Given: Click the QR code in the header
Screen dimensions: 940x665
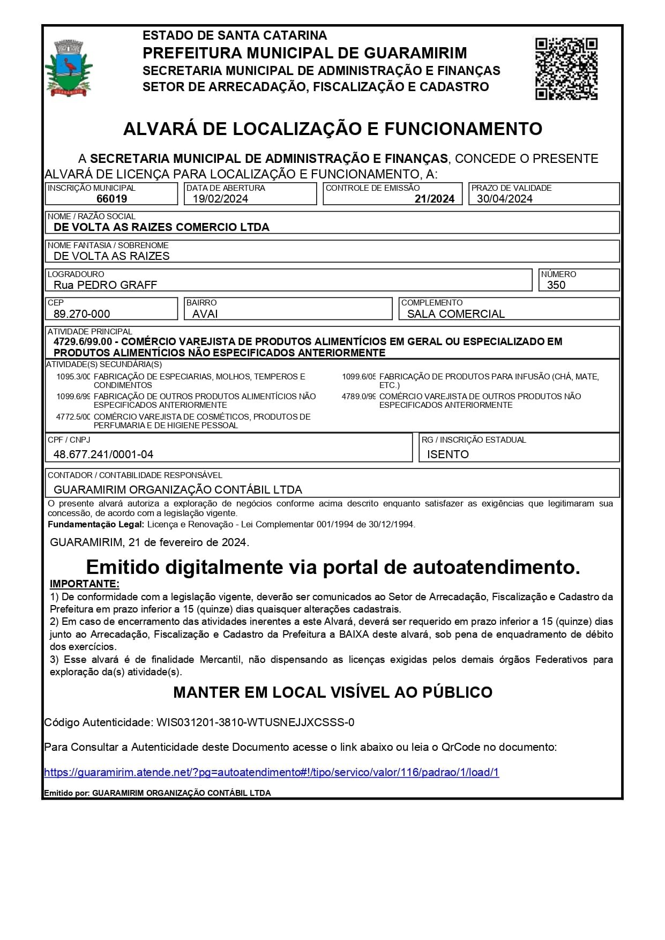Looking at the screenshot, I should pyautogui.click(x=566, y=69).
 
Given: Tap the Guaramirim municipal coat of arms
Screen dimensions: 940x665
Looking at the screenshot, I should pyautogui.click(x=69, y=68).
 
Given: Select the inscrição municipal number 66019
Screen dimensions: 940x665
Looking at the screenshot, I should pyautogui.click(x=111, y=199).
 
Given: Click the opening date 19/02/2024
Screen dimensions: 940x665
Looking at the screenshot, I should pyautogui.click(x=220, y=199).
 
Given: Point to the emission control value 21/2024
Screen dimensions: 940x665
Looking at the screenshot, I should pyautogui.click(x=434, y=199).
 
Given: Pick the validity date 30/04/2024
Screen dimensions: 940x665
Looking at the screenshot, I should pyautogui.click(x=504, y=199).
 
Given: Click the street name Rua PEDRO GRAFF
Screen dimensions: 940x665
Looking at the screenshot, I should pyautogui.click(x=105, y=285).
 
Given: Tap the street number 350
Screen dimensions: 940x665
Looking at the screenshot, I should pyautogui.click(x=556, y=285).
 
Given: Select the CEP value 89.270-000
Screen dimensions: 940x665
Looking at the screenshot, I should pyautogui.click(x=81, y=314).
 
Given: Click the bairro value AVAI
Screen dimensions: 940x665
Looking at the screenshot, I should pyautogui.click(x=205, y=314).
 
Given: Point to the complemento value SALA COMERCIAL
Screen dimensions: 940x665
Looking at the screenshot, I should pyautogui.click(x=455, y=314).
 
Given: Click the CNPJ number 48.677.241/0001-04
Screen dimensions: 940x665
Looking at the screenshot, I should pyautogui.click(x=103, y=454).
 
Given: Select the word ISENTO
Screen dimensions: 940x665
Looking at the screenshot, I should pyautogui.click(x=447, y=454).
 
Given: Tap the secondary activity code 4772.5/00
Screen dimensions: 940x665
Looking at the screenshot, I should pyautogui.click(x=73, y=417).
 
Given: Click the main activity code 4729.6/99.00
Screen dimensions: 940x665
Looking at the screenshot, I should pyautogui.click(x=83, y=342).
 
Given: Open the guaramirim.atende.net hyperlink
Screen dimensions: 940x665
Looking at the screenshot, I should pyautogui.click(x=271, y=772).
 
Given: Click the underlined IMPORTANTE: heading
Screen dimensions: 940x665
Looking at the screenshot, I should pyautogui.click(x=84, y=584).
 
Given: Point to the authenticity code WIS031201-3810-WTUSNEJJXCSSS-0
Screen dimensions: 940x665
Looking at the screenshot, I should pyautogui.click(x=255, y=722).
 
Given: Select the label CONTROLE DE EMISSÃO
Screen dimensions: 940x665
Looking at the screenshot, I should pyautogui.click(x=372, y=188).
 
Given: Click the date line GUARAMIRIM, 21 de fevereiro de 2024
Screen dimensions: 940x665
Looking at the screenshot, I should pyautogui.click(x=150, y=542).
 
